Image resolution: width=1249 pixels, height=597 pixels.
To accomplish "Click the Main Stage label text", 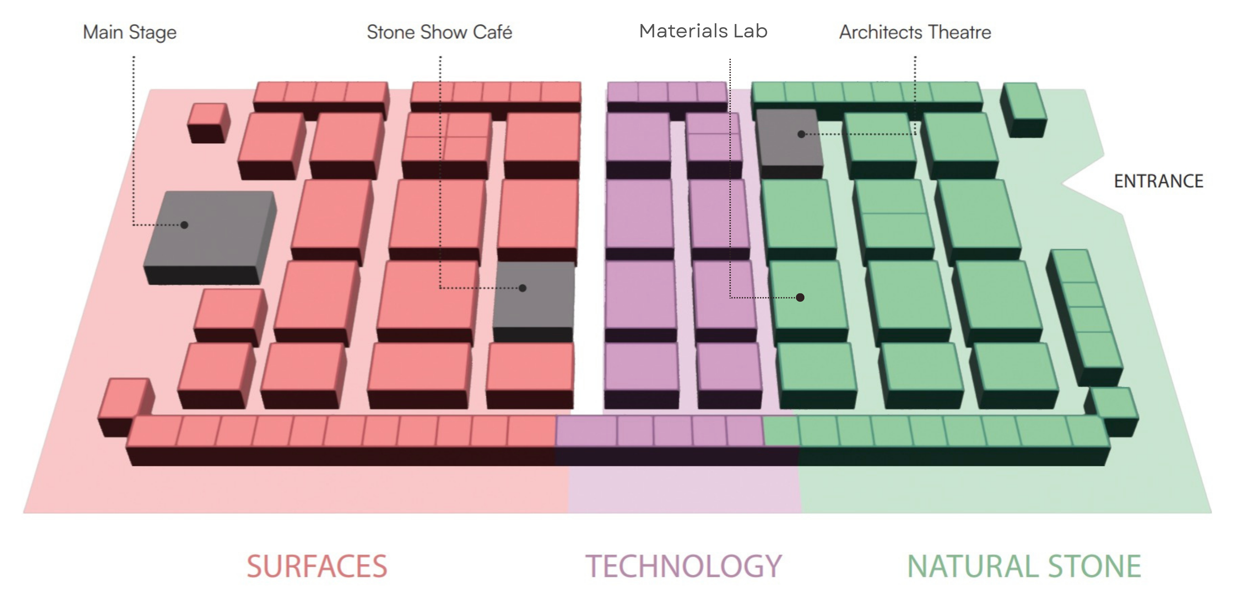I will point(130,32).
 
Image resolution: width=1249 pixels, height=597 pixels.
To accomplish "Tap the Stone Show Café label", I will point(439,32).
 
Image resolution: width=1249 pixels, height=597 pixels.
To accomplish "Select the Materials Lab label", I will point(703,31).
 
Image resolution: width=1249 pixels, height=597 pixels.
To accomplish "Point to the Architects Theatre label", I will point(915,32).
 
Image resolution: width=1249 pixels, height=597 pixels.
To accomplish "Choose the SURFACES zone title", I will point(317,566).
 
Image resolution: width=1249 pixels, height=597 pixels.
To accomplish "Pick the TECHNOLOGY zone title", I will point(684,566).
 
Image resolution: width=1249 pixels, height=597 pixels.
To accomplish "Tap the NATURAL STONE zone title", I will point(1024,566).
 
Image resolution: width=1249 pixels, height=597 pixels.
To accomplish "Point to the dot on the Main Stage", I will point(184,225).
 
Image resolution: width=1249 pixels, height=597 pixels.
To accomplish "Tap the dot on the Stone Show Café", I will point(523,288).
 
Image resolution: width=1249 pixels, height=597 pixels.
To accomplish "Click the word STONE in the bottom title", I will point(1094,566).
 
